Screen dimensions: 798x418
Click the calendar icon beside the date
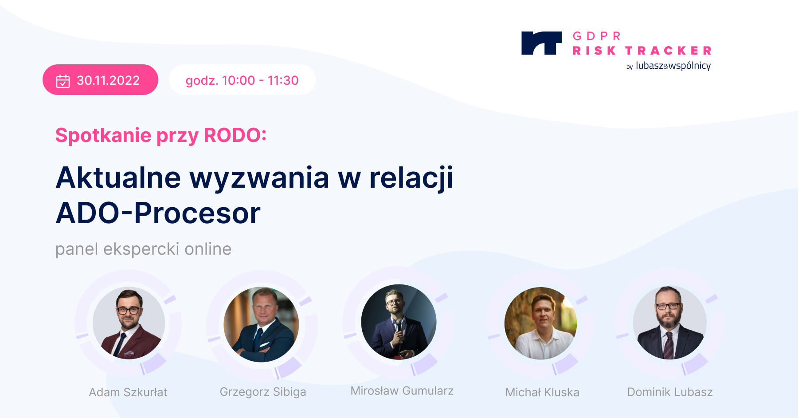tap(63, 81)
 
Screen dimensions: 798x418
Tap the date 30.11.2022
tap(108, 80)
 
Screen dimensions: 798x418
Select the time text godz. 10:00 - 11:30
tap(242, 80)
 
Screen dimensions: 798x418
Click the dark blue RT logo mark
tap(541, 43)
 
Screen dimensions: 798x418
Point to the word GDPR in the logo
tap(597, 36)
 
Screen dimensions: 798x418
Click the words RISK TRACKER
tap(642, 51)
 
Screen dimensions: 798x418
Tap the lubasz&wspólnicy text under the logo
tap(673, 66)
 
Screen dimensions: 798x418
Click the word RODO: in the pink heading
tap(235, 135)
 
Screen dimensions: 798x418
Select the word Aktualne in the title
tap(118, 177)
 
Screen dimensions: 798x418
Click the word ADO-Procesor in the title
tap(158, 213)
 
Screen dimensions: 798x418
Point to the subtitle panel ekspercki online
tap(143, 249)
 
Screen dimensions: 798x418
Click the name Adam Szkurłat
tap(128, 392)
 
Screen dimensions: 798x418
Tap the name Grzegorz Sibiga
tap(263, 392)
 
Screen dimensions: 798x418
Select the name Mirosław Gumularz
tap(402, 390)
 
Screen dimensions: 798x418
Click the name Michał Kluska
tap(542, 392)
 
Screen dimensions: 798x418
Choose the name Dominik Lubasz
tap(670, 392)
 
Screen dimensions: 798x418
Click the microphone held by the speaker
tap(399, 328)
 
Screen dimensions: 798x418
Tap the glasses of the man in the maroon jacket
tap(129, 311)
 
